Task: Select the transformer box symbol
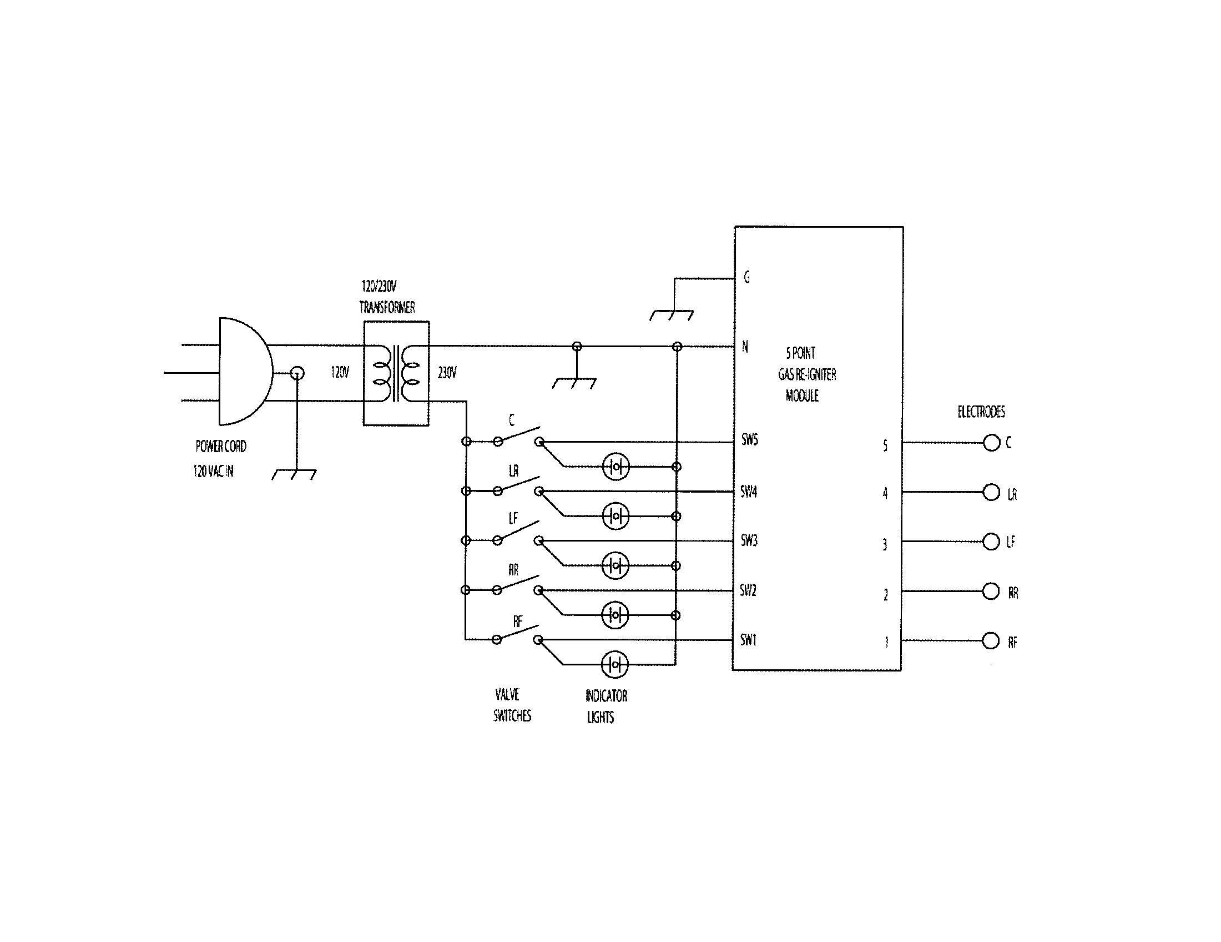(x=396, y=373)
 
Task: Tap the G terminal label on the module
(x=746, y=277)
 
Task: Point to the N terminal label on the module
(x=745, y=347)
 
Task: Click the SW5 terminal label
(x=749, y=440)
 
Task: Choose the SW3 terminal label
(x=749, y=540)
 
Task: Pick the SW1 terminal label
(x=748, y=640)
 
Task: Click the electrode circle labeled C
(x=991, y=443)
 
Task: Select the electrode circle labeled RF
(x=990, y=640)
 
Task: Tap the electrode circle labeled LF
(x=991, y=542)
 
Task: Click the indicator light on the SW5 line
(x=615, y=467)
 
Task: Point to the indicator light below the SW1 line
(x=614, y=664)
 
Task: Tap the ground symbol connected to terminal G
(x=672, y=315)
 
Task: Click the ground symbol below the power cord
(x=294, y=474)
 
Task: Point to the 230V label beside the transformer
(x=447, y=373)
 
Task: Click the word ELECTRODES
(x=981, y=412)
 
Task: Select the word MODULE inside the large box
(x=802, y=396)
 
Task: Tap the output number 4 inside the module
(x=885, y=493)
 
